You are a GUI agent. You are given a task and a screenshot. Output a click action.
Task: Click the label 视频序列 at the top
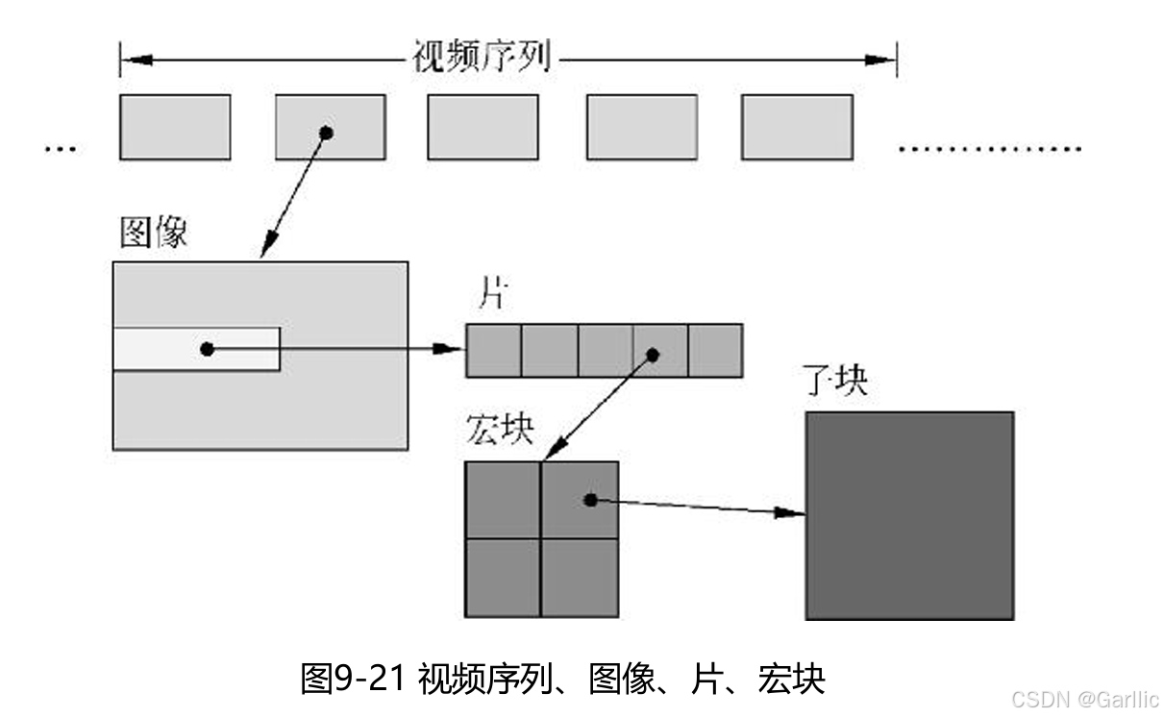[481, 58]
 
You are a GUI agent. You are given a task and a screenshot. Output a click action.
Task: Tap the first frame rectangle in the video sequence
[175, 127]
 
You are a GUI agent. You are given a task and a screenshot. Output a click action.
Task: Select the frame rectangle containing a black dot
[331, 127]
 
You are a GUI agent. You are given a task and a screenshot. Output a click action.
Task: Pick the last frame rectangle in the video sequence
[797, 127]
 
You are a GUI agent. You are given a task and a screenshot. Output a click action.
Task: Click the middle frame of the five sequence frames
[483, 127]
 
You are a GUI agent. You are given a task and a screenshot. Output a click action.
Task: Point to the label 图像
[153, 233]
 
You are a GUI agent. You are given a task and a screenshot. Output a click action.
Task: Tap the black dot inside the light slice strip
[207, 349]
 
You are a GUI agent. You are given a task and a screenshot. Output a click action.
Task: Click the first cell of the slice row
[494, 350]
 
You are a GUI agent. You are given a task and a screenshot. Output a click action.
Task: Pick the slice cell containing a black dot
[660, 350]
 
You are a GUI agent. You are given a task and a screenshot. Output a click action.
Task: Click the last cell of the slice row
[715, 350]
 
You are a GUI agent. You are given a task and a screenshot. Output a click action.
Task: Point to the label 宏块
[499, 429]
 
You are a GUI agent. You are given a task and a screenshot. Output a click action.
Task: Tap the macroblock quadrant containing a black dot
[581, 500]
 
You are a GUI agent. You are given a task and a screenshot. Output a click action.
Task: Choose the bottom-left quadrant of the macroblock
[503, 577]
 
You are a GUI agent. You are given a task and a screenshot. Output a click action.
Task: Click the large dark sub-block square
[909, 515]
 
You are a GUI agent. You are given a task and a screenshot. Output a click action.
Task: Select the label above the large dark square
[834, 383]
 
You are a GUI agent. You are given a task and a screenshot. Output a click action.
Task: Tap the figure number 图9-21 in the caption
[356, 679]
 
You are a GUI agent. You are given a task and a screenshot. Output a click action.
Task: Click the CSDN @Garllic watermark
[1085, 699]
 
